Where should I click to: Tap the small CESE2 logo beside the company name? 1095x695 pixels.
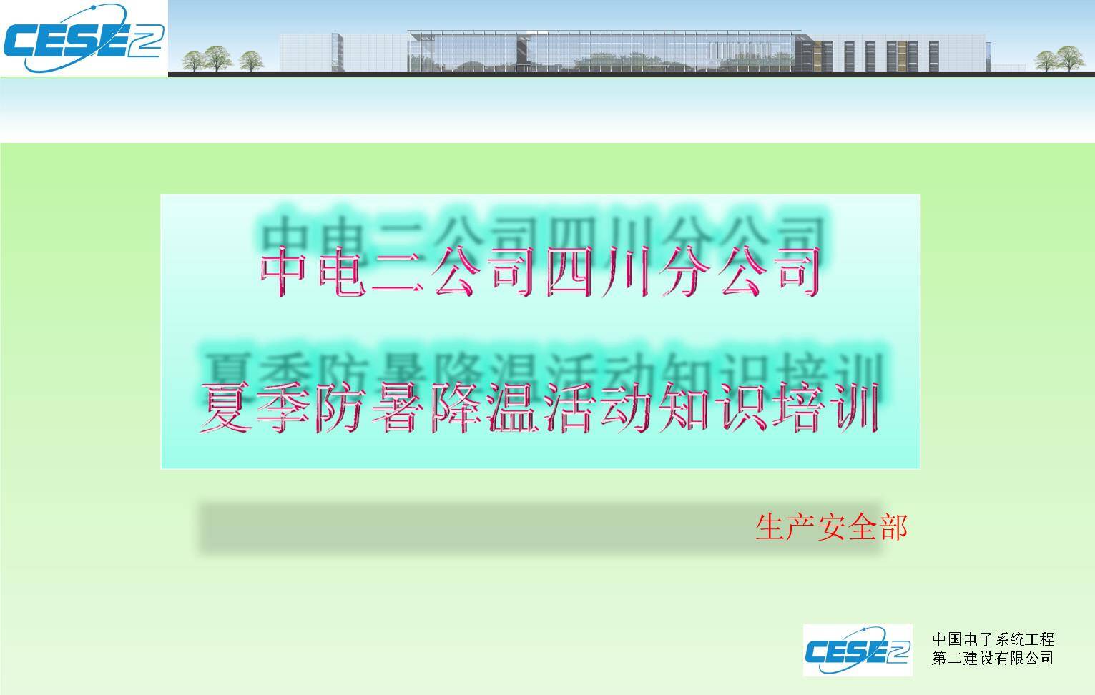click(x=858, y=651)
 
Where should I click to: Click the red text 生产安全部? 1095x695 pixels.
click(x=832, y=528)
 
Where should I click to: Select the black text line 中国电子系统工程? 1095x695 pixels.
click(x=993, y=639)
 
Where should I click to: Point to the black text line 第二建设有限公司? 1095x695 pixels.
click(x=993, y=658)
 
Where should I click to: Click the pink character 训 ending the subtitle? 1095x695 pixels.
click(x=856, y=407)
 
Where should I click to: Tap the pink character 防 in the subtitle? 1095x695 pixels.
click(x=340, y=407)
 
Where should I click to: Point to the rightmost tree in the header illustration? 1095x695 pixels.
click(x=1070, y=59)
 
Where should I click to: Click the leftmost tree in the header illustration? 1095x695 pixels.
click(x=194, y=61)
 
